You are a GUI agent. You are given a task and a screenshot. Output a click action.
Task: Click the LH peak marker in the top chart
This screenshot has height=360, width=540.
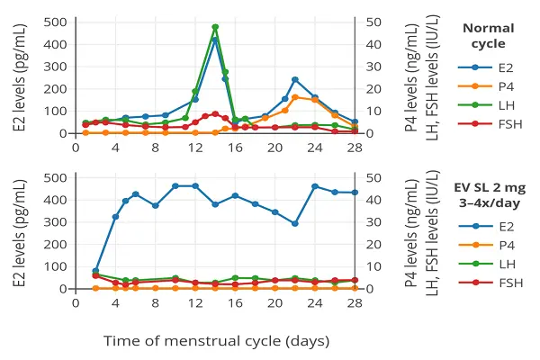click(215, 27)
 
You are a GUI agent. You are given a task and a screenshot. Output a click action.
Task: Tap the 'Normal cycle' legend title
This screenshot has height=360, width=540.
click(488, 35)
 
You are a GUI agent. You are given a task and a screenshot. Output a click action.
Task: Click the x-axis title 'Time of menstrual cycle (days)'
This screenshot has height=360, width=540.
click(216, 341)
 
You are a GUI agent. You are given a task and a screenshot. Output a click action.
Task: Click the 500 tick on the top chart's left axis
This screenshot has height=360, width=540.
click(55, 22)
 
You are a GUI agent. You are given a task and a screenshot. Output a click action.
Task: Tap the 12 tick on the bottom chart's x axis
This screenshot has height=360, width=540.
click(195, 302)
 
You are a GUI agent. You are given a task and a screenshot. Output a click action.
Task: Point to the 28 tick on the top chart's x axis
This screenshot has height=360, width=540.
click(355, 147)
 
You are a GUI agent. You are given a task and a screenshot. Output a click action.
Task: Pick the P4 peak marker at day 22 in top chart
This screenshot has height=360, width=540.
click(295, 97)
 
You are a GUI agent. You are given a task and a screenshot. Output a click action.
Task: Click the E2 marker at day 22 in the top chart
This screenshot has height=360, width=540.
click(295, 80)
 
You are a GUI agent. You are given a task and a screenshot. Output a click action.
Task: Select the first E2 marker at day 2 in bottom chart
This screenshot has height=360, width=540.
click(96, 271)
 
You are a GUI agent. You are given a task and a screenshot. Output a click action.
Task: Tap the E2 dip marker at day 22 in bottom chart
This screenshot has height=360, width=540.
click(295, 223)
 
